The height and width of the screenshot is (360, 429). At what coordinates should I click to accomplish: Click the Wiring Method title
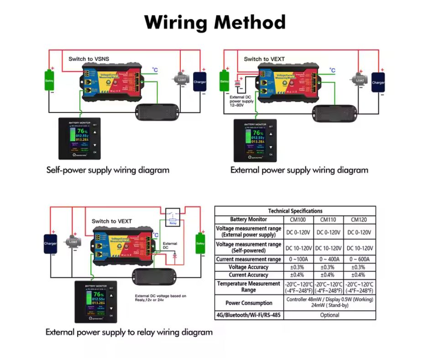click(x=215, y=22)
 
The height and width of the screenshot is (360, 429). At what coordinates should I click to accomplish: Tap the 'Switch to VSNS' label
click(x=89, y=59)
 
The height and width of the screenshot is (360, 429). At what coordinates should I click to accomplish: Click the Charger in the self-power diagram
click(x=199, y=82)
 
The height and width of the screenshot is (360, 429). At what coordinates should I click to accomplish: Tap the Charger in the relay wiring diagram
click(x=50, y=244)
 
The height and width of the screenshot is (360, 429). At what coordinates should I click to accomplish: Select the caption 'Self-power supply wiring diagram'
click(x=108, y=170)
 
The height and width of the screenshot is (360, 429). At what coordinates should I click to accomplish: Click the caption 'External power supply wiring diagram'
click(x=299, y=170)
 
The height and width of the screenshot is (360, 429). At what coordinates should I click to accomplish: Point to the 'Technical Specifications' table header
click(x=295, y=211)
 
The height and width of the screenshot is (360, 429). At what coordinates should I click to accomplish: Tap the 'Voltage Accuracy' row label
click(x=248, y=267)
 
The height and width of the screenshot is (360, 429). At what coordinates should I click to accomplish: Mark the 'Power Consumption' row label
click(x=249, y=303)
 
